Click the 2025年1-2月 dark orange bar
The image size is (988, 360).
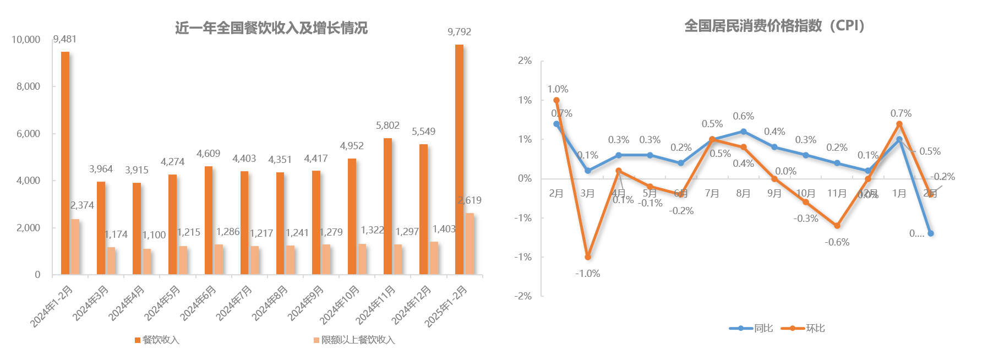[x=459, y=160]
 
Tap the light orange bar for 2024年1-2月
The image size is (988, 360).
[x=75, y=247]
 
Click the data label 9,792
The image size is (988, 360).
[x=459, y=32]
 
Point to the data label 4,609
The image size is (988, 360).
[x=208, y=154]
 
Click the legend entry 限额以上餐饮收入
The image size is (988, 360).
[x=358, y=340]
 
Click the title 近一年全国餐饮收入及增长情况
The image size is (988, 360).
[x=271, y=28]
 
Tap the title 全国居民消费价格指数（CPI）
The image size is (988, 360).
[x=774, y=26]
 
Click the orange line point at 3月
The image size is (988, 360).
[x=587, y=257]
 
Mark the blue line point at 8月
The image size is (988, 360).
[x=743, y=132]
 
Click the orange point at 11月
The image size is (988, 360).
[x=837, y=226]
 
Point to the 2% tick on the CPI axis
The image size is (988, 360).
[x=525, y=61]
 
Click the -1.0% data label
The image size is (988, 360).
[x=587, y=274]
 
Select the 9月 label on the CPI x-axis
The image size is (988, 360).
[x=774, y=193]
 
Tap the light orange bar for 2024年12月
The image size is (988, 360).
[x=434, y=258]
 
